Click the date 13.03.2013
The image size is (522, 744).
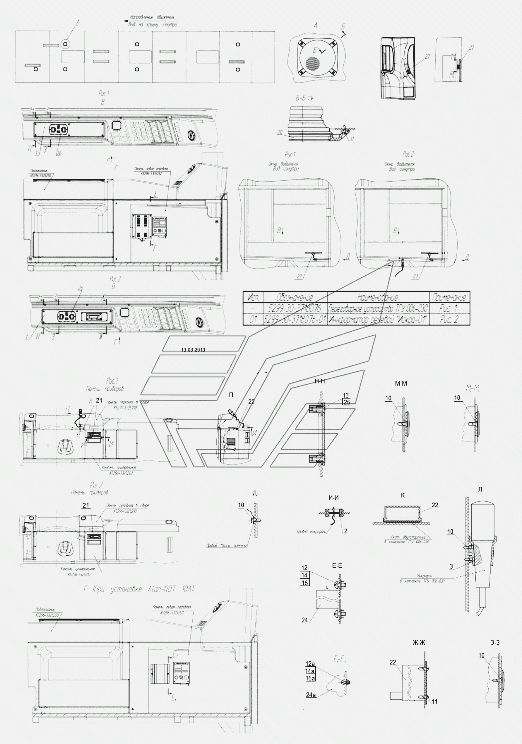tap(193, 350)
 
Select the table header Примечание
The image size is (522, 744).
tap(449, 297)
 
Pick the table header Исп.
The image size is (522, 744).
tap(253, 297)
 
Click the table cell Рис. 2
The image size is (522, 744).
tap(449, 320)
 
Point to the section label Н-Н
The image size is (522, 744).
tap(320, 381)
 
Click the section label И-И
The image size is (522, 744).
tap(333, 498)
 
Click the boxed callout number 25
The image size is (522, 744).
tap(347, 402)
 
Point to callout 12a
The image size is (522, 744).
tap(310, 664)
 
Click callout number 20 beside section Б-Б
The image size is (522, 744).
tap(280, 132)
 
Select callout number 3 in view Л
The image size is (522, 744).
tap(451, 566)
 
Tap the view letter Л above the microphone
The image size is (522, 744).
tap(480, 489)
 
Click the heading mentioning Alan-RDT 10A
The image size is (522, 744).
tap(139, 589)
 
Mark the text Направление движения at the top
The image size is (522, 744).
tap(152, 17)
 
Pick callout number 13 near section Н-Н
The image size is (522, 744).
tap(346, 395)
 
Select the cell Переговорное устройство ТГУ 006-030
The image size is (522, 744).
tap(378, 308)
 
